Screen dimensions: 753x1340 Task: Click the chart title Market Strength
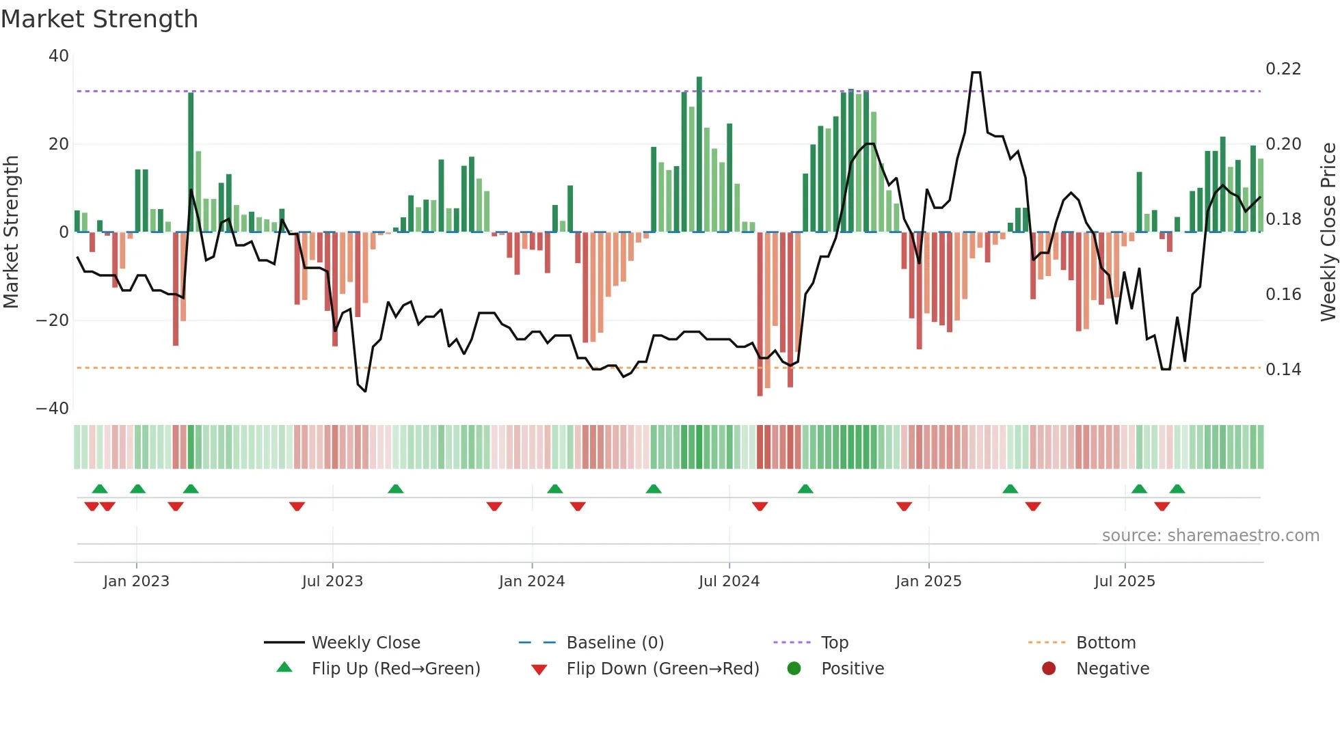99,19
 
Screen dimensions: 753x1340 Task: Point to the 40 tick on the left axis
59,56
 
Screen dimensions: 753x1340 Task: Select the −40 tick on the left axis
53,409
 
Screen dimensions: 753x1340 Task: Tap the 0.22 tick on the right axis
1283,69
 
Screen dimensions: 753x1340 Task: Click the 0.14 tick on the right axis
1283,370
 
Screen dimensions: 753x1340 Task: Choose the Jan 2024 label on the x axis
532,581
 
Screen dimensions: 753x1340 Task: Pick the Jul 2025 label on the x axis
1125,581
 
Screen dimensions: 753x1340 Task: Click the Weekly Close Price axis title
1328,232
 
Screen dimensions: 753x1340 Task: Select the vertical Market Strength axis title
12,232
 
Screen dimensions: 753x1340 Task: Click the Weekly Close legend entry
366,643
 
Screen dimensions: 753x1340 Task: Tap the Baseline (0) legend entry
615,643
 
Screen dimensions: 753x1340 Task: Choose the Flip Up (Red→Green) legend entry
396,669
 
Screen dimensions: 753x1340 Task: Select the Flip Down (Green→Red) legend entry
662,669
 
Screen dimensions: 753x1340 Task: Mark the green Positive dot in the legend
794,669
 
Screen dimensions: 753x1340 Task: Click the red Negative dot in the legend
1049,669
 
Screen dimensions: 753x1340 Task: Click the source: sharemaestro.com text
1210,536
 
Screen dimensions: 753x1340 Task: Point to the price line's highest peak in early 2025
976,72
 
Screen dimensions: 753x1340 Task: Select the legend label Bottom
1105,643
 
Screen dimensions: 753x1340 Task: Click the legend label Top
835,643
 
